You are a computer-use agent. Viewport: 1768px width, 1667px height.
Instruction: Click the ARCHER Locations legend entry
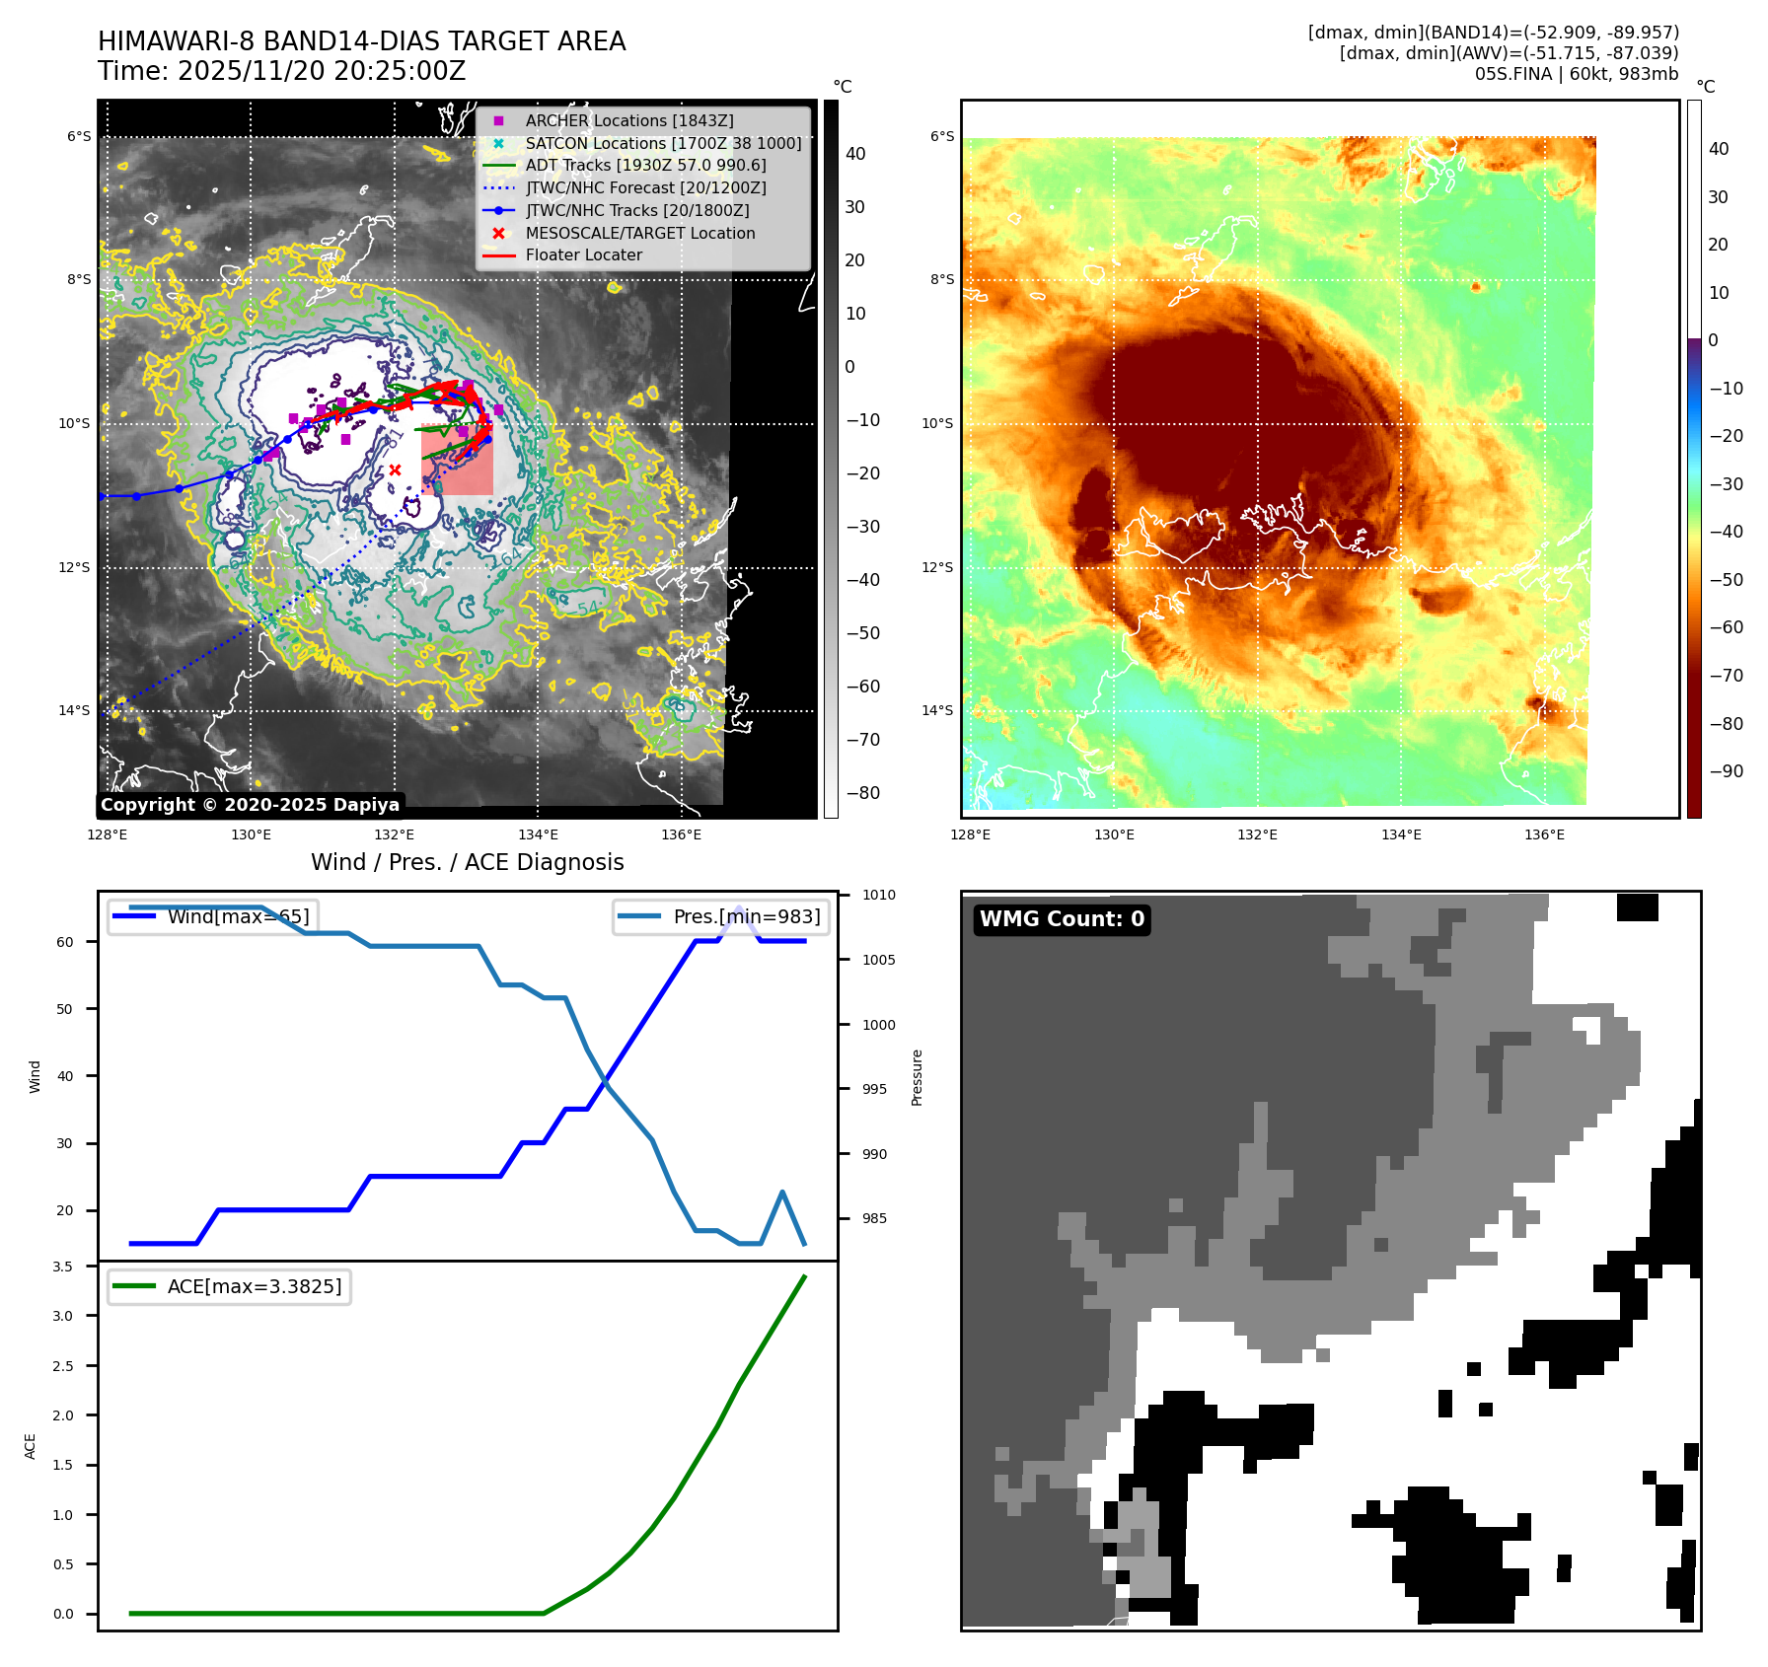628,120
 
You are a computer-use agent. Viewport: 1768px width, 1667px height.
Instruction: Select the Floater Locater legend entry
583,254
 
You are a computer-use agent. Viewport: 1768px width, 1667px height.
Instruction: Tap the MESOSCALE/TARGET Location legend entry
639,233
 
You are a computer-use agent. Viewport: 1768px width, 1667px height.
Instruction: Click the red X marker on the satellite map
395,470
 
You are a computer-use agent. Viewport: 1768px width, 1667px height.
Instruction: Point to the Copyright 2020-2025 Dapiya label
250,805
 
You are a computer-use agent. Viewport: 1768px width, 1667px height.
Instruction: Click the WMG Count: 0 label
1062,919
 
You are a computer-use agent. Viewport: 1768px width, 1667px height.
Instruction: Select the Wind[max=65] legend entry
238,916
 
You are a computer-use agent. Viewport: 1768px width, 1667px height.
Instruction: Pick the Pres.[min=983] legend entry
746,916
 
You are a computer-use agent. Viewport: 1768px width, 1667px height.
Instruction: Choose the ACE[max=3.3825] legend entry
254,1286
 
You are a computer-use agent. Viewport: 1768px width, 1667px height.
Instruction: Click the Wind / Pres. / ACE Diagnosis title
467,862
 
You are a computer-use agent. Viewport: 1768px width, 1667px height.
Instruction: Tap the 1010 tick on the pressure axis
878,896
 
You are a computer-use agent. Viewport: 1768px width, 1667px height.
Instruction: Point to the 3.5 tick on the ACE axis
62,1267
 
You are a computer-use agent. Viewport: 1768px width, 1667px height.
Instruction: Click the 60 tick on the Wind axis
65,942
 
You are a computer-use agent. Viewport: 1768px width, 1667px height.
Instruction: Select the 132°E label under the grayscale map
395,834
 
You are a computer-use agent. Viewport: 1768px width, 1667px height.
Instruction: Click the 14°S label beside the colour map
937,710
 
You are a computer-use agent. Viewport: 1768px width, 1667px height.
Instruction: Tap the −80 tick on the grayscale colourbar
862,793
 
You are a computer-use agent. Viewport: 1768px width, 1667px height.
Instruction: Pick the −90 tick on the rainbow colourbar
1726,771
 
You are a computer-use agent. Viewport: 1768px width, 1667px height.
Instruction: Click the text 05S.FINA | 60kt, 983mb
1576,74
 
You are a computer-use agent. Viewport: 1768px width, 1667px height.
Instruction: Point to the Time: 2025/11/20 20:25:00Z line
281,71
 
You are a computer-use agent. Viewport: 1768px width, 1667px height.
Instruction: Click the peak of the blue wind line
739,907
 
